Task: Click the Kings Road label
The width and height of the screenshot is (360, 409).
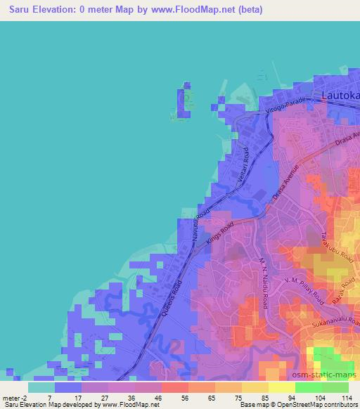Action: pos(220,234)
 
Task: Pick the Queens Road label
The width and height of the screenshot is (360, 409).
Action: pos(172,299)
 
